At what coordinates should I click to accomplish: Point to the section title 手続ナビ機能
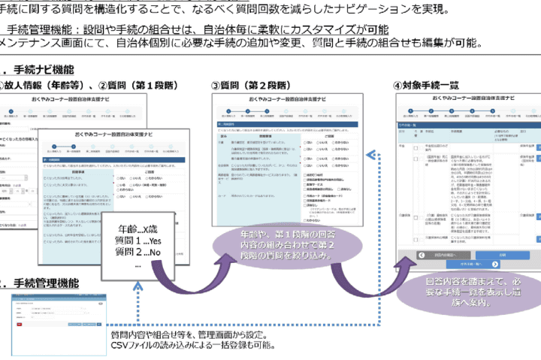41,68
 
